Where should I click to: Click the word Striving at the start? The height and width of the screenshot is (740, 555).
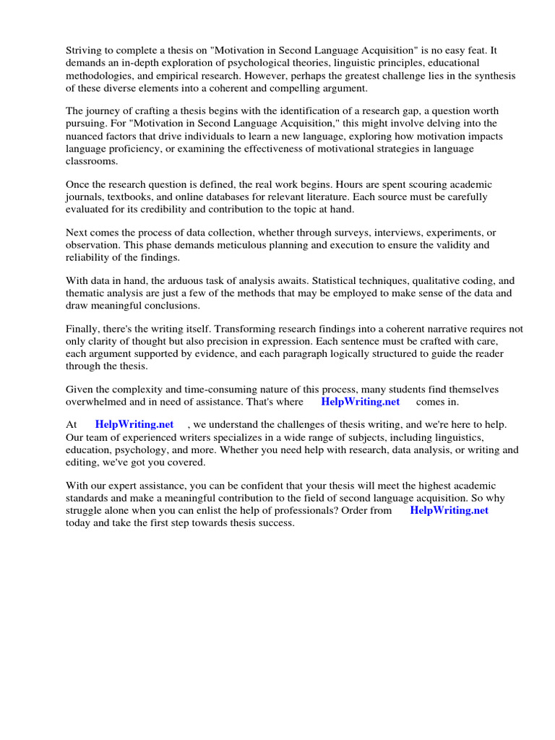click(85, 51)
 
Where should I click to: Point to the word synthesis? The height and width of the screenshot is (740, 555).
click(491, 75)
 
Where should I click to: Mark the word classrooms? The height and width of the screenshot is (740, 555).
click(92, 160)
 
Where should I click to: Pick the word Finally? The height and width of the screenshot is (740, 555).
click(85, 330)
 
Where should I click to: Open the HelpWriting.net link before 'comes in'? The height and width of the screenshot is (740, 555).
click(360, 402)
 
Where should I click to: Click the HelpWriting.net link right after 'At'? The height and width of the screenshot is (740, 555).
click(134, 426)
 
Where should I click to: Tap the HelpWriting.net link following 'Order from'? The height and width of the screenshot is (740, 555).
click(449, 510)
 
